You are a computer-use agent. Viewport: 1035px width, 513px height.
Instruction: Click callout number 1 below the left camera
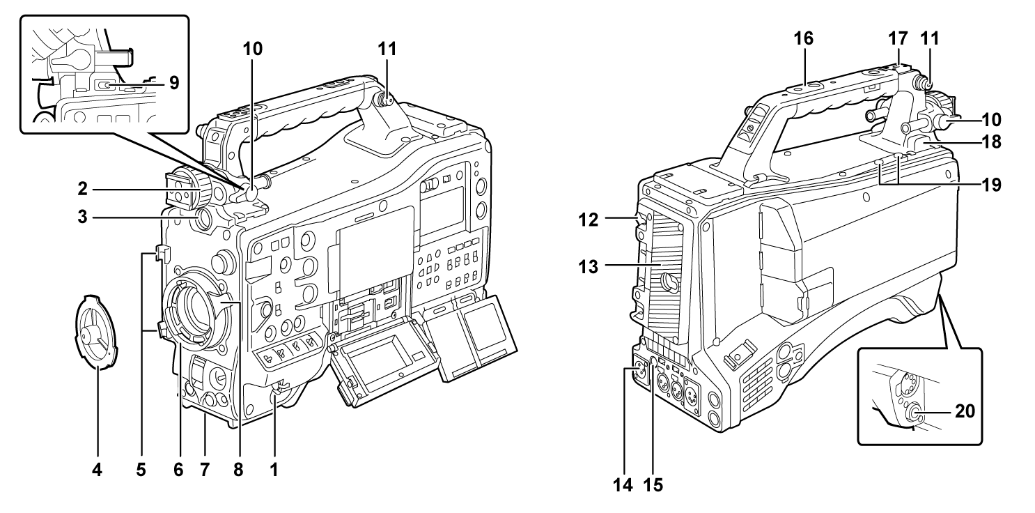click(274, 470)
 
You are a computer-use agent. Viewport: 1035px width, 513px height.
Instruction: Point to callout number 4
click(98, 470)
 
